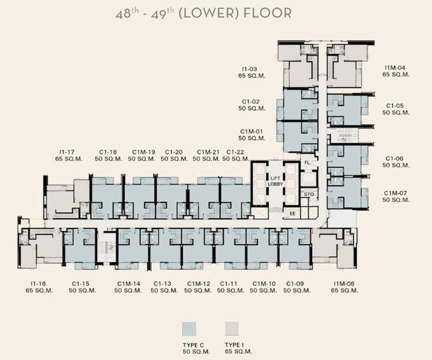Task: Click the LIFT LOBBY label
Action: (x=275, y=181)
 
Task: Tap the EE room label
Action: (x=292, y=214)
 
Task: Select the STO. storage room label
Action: (x=309, y=194)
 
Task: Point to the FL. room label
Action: (x=307, y=163)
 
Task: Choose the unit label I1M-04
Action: (x=395, y=68)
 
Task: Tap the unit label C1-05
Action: (x=395, y=106)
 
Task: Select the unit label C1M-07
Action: (x=395, y=193)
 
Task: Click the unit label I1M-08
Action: (x=344, y=283)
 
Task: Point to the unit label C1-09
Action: (x=295, y=283)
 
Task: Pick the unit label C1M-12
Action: (x=199, y=283)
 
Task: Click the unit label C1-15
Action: (x=80, y=283)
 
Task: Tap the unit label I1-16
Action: (x=38, y=283)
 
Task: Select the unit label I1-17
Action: (x=67, y=152)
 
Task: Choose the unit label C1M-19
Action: (x=143, y=152)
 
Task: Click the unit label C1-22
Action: (x=235, y=152)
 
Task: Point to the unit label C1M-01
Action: (x=251, y=131)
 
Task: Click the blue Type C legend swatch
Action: (x=189, y=329)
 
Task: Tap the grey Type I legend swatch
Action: (x=232, y=329)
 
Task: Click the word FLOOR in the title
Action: (x=268, y=13)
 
